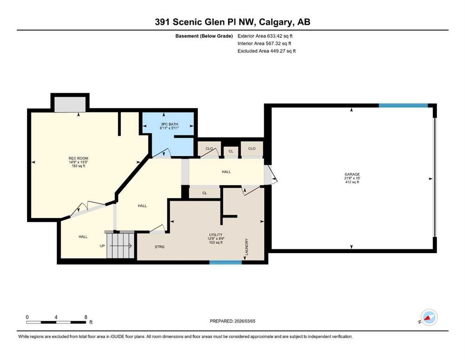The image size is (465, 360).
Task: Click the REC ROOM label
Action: click(78, 158)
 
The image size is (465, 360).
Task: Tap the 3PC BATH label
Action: click(170, 124)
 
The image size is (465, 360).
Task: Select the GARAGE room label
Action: click(352, 174)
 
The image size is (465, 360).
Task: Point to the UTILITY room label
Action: click(215, 235)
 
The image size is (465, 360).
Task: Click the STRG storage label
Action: click(160, 247)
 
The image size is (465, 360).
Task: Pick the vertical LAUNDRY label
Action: click(246, 247)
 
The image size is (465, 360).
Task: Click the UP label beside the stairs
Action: click(102, 246)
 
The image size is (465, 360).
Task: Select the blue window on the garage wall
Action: click(403, 105)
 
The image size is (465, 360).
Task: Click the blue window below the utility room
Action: click(225, 262)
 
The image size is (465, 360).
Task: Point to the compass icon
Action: click(429, 317)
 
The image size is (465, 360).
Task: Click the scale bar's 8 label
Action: click(86, 317)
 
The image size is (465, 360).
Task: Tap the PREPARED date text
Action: click(232, 321)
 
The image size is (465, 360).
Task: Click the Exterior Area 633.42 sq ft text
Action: click(265, 36)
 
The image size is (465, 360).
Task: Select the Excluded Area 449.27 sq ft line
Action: click(266, 51)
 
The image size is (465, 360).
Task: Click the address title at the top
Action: click(232, 22)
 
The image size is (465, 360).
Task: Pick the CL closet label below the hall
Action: click(204, 193)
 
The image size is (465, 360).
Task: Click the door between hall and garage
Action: click(271, 175)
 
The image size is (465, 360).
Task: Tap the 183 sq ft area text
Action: click(78, 166)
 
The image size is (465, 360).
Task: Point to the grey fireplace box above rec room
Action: click(70, 105)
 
